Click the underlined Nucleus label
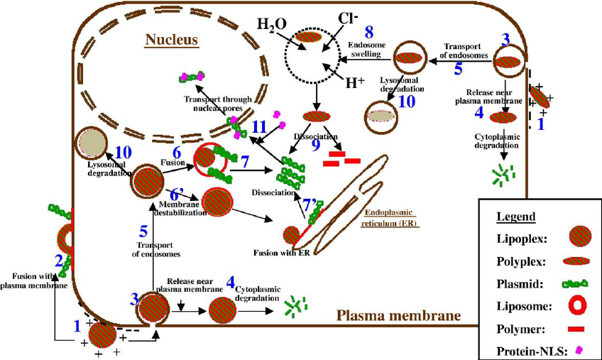tap(171, 40)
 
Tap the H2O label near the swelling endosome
tap(271, 26)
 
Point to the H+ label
tap(355, 82)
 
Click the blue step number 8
tap(368, 32)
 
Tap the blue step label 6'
tap(179, 193)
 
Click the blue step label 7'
tap(310, 204)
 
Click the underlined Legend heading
tap(518, 217)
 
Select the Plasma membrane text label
tap(398, 315)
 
